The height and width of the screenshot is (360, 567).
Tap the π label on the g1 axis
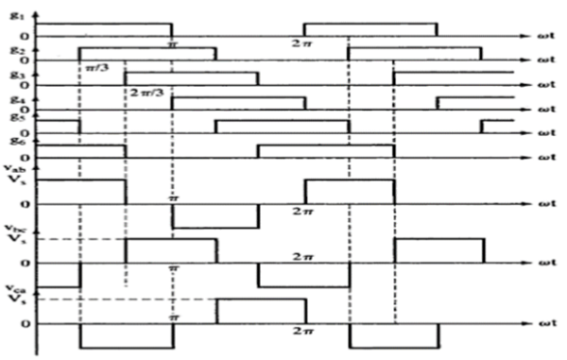coord(173,43)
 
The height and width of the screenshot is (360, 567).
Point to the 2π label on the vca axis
coord(302,333)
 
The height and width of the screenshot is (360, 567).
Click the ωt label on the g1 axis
coord(545,36)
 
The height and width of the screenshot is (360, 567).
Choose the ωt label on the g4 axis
coord(545,110)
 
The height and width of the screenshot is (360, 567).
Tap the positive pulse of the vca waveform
coord(261,312)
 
